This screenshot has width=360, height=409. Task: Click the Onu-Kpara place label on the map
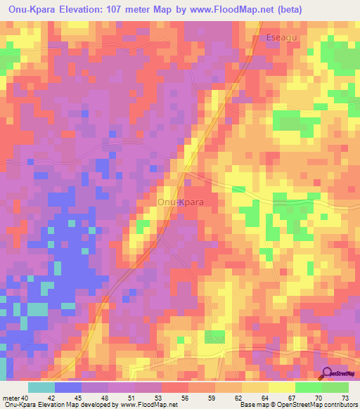[179, 202]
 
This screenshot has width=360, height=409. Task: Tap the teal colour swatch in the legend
[41, 387]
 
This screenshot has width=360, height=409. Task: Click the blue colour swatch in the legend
[68, 387]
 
